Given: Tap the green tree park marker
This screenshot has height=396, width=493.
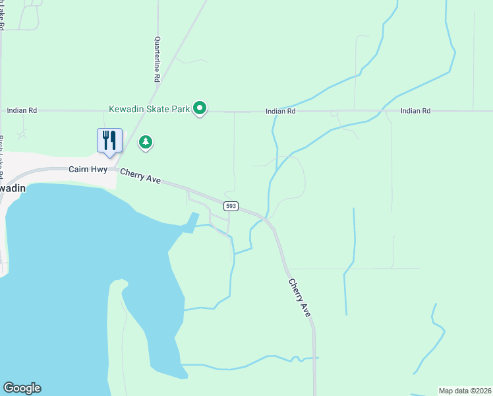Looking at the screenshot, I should [146, 142].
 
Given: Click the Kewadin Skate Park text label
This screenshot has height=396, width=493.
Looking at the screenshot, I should [150, 108].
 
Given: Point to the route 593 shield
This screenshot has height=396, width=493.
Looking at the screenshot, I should [230, 206].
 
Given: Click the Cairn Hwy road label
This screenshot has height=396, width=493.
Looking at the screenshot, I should [88, 170].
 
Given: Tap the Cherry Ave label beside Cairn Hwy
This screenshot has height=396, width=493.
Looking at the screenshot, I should [140, 176].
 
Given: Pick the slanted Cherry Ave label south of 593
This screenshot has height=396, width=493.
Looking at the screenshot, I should [299, 297].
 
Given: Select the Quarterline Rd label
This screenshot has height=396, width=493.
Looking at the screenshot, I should [158, 59].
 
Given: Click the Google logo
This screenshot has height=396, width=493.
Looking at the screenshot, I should [22, 388].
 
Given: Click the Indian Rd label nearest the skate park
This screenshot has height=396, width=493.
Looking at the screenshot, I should [281, 112].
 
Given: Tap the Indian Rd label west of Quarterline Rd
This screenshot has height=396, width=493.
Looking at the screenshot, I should [22, 111].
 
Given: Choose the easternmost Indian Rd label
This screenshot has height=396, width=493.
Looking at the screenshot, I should [415, 111].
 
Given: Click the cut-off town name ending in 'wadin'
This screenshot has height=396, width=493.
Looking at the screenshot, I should [11, 188].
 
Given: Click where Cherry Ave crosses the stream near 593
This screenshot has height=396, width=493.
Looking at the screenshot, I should [267, 218].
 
